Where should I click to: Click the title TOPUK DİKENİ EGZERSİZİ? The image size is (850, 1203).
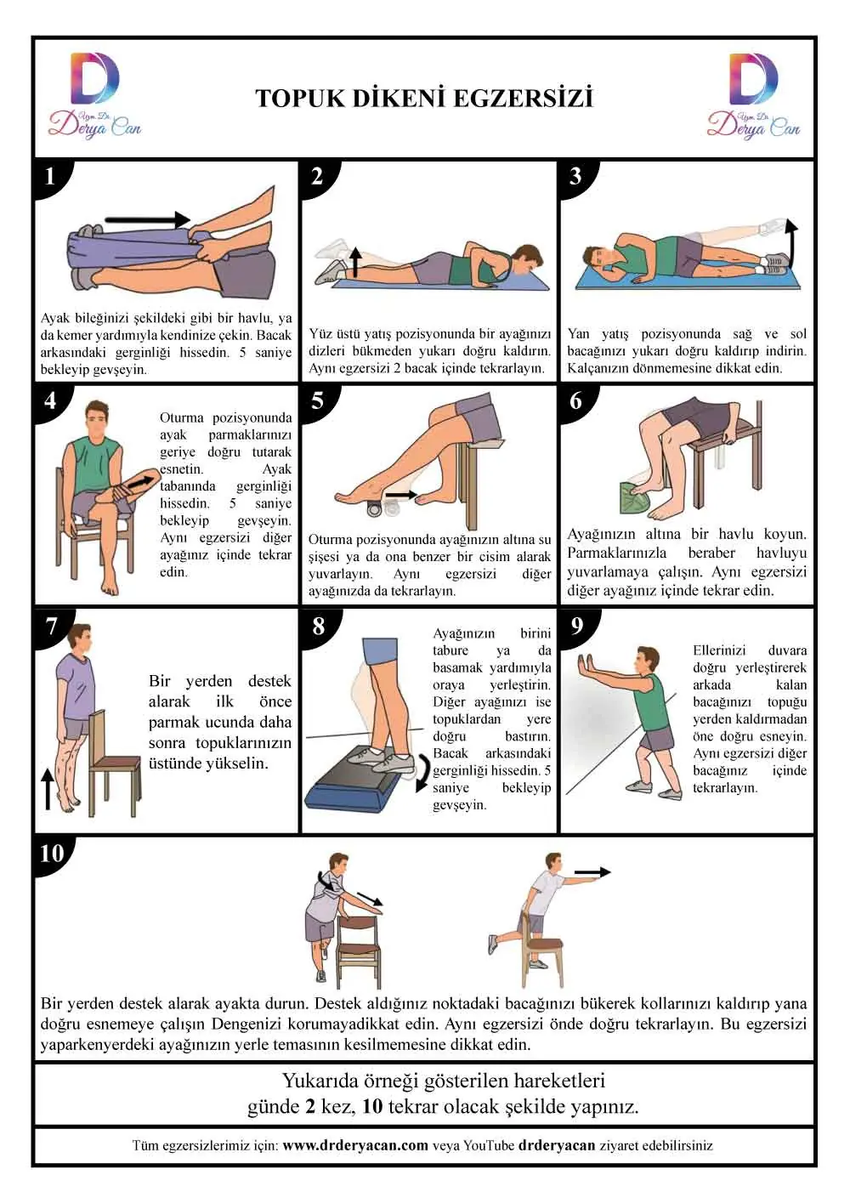(x=424, y=99)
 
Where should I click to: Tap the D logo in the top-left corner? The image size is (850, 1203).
(x=94, y=78)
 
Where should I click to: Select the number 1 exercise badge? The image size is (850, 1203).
(x=50, y=176)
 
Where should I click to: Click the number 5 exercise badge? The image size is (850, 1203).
(x=317, y=400)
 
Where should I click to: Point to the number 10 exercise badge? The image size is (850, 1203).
(x=52, y=854)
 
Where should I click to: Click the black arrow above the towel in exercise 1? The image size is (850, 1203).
(x=148, y=219)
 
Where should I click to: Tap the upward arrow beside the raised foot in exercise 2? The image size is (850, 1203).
(x=355, y=262)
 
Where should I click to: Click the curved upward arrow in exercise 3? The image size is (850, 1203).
(x=791, y=242)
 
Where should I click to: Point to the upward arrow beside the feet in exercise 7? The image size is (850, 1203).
(x=48, y=789)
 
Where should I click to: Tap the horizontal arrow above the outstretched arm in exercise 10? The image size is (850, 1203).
(x=592, y=872)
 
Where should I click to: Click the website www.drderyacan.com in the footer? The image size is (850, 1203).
(x=355, y=1145)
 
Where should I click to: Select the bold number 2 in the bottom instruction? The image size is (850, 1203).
(x=309, y=1106)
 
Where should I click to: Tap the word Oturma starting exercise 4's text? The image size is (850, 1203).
(x=182, y=417)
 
